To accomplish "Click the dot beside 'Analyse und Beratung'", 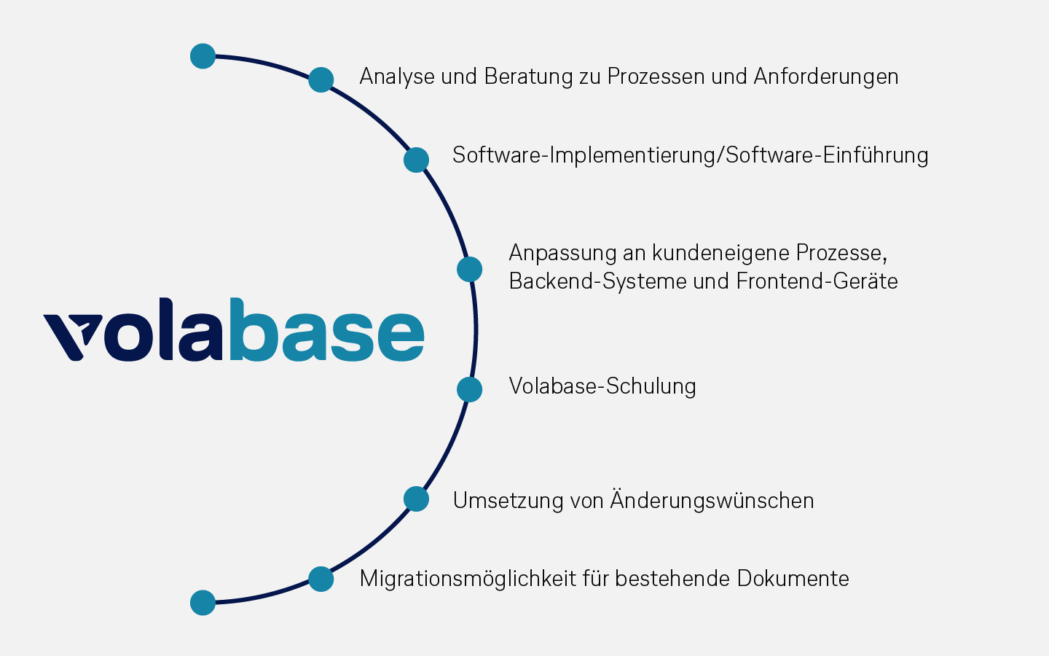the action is pos(321,79).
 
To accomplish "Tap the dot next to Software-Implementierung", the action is pos(417,160).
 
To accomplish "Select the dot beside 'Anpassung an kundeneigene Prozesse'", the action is pos(470,270).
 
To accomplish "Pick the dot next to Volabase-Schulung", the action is pos(470,389).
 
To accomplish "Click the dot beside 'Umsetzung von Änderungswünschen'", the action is pos(417,499).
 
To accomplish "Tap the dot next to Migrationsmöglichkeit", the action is pos(321,579).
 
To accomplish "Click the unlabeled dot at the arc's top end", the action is pos(203,56).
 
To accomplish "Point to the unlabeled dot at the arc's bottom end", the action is pos(203,603).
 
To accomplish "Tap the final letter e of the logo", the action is pos(401,337).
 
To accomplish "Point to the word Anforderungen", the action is pos(826,77).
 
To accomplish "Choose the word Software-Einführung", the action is pos(827,155).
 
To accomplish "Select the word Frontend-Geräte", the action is pos(817,281).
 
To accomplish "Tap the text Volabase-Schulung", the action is pos(602,386).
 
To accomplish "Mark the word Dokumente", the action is pos(793,579).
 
